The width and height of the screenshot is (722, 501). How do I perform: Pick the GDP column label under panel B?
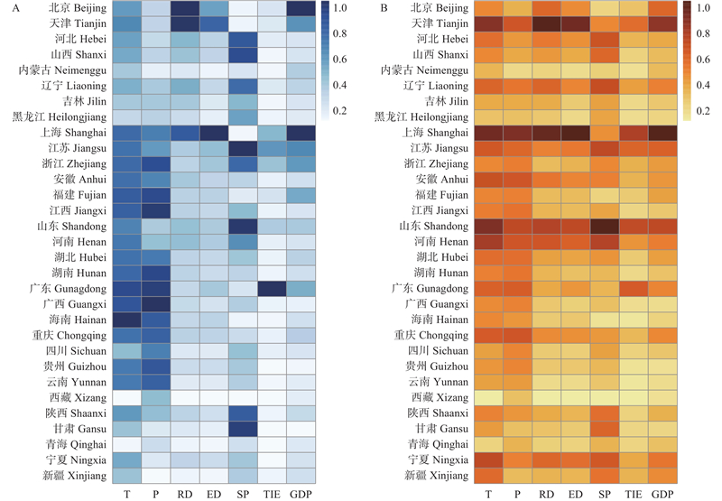[x=662, y=494]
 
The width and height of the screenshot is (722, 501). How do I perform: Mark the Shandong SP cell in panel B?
[x=605, y=226]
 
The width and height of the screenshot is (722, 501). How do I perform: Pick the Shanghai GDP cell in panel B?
[x=662, y=133]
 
